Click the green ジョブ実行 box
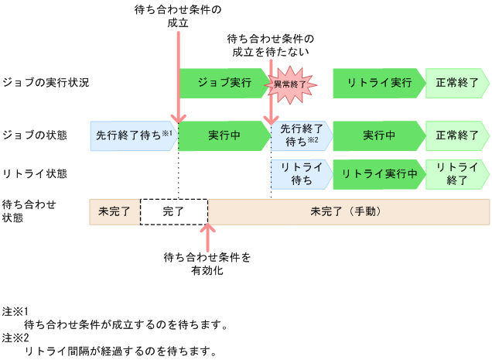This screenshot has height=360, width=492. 220,83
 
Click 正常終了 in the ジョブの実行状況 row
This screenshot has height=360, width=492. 457,83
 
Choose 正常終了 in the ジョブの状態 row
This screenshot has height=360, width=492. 457,135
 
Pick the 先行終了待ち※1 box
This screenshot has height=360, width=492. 133,135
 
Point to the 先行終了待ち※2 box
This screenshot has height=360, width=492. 300,135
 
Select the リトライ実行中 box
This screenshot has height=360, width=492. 379,174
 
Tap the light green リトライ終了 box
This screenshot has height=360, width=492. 457,174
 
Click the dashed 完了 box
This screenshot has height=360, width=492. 173,211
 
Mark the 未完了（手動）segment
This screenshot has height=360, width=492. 348,211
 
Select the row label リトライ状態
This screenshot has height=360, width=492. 35,174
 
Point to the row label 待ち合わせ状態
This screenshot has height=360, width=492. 27,211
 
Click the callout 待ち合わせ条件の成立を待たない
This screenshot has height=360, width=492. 271,46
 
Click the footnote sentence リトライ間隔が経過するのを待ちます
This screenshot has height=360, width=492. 120,351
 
